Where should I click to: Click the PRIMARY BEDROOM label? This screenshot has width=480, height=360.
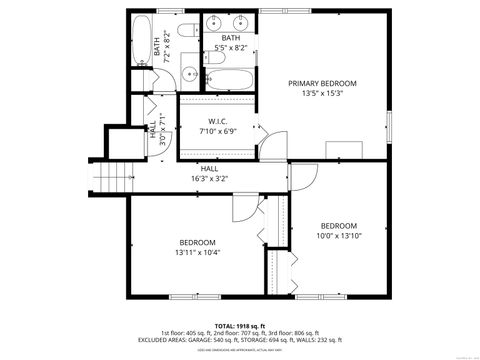click(x=322, y=83)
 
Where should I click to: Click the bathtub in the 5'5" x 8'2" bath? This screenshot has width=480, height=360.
click(x=230, y=79)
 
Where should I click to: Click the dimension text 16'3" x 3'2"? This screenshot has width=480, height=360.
click(x=209, y=179)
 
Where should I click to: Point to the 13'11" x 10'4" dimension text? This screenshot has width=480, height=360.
click(x=197, y=252)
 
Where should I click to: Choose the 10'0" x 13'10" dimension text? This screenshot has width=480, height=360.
click(x=337, y=235)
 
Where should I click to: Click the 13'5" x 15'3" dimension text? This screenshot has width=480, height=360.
click(x=322, y=93)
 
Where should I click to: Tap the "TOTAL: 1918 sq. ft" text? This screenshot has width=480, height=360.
click(x=239, y=325)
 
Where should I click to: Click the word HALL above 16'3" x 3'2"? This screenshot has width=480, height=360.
click(x=209, y=169)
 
